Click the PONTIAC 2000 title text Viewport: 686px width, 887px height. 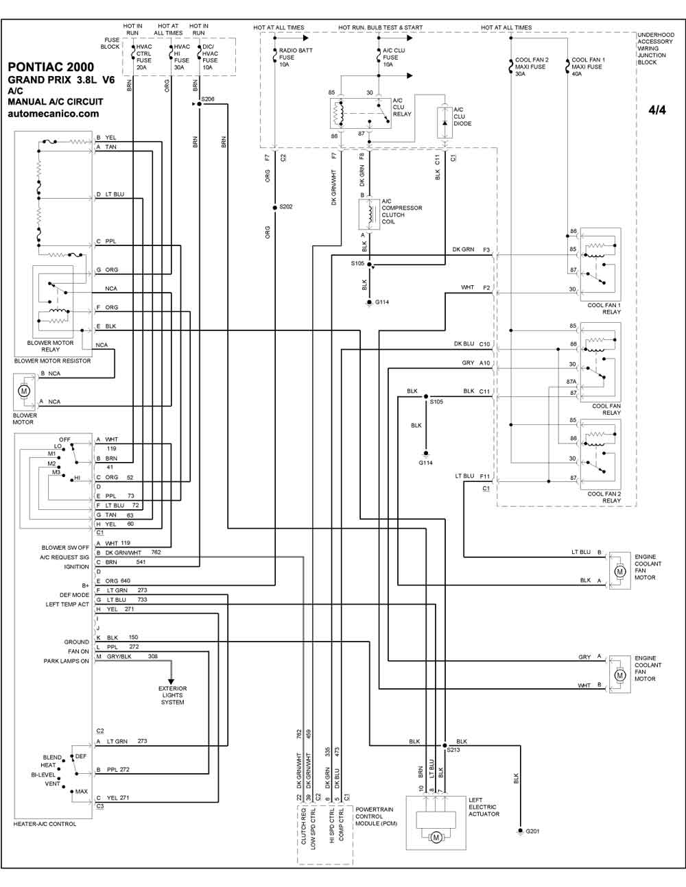coord(51,67)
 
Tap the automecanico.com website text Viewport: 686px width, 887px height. coord(54,114)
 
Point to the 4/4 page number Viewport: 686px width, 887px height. coord(657,110)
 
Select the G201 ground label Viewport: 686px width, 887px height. coord(532,831)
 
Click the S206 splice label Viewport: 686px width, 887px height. coord(208,99)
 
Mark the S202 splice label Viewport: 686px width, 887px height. coord(285,206)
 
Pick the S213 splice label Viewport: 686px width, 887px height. coord(453,750)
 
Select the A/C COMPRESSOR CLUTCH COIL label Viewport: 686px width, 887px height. coord(401,212)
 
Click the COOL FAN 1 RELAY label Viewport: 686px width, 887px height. coord(604,308)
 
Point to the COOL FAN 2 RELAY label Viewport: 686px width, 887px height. coord(604,497)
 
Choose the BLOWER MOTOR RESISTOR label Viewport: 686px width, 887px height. coord(52,361)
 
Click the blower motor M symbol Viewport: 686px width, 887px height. coord(24,391)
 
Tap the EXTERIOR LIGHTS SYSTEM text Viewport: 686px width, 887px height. coord(172,695)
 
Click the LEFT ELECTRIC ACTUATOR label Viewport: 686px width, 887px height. coord(484,807)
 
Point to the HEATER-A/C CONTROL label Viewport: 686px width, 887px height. coord(45,824)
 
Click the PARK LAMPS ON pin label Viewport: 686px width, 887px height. coord(66,661)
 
